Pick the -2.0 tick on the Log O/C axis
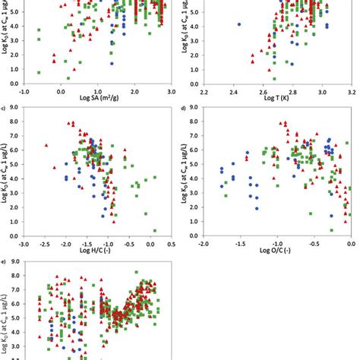[205, 245]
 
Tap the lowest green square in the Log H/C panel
[155, 230]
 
